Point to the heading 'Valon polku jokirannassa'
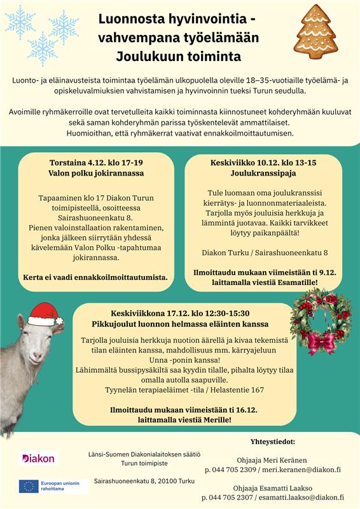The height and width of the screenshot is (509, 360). tap(96, 173)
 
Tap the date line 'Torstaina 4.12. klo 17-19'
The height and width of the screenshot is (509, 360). tap(96, 162)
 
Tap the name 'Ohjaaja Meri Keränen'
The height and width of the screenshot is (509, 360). tap(272, 459)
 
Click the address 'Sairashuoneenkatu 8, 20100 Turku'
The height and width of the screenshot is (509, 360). tap(144, 482)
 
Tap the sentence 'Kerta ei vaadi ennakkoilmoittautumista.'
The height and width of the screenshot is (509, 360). tap(96, 277)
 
